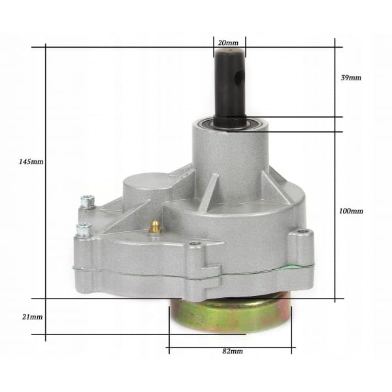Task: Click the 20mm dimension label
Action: click(x=228, y=42)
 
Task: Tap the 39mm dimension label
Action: click(x=351, y=78)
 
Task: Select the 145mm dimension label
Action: click(x=31, y=161)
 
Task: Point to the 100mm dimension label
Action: click(x=351, y=211)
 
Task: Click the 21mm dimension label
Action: click(x=32, y=317)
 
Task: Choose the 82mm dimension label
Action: click(x=233, y=351)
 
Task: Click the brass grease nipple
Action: click(x=155, y=226)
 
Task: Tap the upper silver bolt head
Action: click(x=88, y=201)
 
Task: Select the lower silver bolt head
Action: click(x=84, y=229)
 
